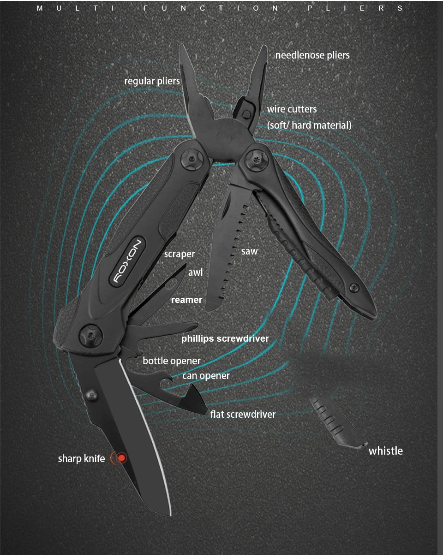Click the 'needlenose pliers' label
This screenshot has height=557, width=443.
coord(312,55)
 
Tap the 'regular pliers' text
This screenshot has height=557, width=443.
coord(152,81)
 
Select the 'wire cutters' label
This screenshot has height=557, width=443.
coord(292,109)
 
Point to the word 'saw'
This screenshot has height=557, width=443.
coord(249,251)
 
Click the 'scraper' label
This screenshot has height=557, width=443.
coord(180,254)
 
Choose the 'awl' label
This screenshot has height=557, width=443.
coord(195,273)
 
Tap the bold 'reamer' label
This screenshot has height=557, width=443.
coord(186,300)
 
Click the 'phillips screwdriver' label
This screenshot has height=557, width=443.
coord(225,338)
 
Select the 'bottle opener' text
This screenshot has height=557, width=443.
coord(172,361)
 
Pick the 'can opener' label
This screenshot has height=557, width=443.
coord(206,376)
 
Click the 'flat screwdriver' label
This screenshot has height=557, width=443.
coord(243,414)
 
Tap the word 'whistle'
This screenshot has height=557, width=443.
coord(385,450)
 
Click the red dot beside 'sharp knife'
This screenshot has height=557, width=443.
coord(121,458)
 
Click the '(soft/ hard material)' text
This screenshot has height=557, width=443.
coord(309,125)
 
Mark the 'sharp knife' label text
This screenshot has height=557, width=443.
coord(81,458)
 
